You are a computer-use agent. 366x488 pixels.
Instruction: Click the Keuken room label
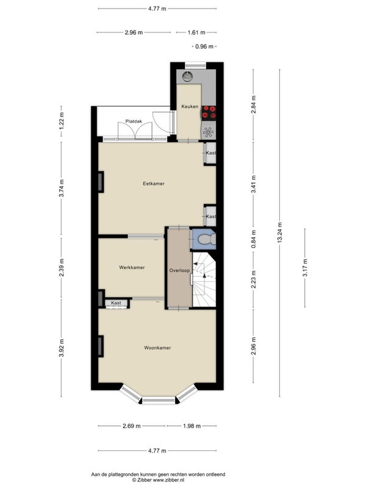pos(190,106)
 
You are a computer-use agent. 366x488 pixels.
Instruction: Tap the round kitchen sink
pos(187,76)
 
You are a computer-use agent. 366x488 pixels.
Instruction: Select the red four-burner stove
pos(209,112)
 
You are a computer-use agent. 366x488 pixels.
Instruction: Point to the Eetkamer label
pos(154,184)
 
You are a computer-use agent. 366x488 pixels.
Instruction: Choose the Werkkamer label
pos(132,267)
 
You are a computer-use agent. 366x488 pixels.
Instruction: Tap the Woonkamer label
pos(157,348)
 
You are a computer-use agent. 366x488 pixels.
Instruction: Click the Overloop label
pos(179,270)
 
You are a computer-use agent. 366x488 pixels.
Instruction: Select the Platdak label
pos(134,121)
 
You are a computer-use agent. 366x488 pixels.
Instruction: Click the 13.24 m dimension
pos(280,232)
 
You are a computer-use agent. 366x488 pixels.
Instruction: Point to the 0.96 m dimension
pos(204,47)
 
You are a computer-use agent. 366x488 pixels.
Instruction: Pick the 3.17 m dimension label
pos(305,268)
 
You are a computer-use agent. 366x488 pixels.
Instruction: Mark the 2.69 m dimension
pos(132,426)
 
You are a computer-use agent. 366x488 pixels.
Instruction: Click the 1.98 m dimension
pos(192,426)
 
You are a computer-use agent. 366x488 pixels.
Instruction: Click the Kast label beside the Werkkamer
pos(116,303)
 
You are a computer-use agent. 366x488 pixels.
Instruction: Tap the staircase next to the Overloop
pos(204,279)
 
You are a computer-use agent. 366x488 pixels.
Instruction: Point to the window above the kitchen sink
pos(195,66)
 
